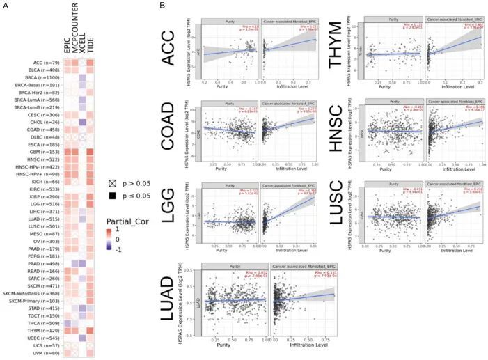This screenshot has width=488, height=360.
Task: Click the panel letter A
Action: (5, 6)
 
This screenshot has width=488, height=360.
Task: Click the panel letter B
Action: (162, 6)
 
